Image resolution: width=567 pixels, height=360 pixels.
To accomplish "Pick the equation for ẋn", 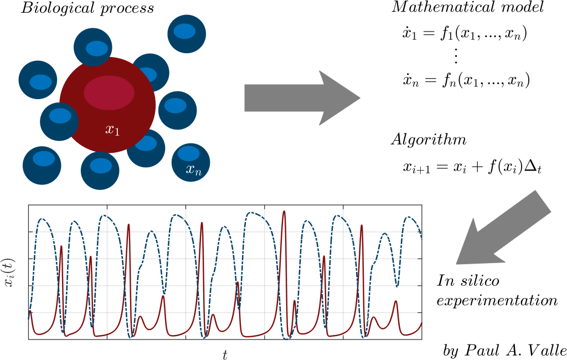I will coord(466,81).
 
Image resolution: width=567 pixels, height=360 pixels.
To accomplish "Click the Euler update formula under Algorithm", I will coord(471,167).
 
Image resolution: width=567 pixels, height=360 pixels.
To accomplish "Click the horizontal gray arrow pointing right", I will coord(302,98).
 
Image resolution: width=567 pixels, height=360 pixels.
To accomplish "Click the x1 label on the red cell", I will coord(112,130).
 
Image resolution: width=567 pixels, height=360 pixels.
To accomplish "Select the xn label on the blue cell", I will coord(193,171).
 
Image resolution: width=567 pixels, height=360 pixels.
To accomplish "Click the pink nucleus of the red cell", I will coord(109,92).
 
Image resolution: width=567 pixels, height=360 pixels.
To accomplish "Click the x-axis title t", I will coord(225,353).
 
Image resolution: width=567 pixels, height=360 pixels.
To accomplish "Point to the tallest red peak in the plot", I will coord(284,212).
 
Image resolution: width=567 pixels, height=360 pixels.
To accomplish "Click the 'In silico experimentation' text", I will coord(496,291).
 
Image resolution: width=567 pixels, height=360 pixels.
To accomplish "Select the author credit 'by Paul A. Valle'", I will coord(504,351).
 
